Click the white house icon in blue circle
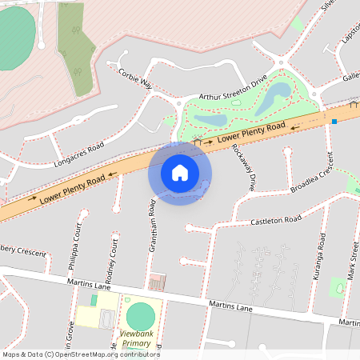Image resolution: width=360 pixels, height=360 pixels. (x=180, y=172)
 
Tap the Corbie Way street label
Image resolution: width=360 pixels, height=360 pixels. (x=134, y=77)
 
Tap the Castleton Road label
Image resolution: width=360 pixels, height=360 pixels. (x=275, y=220)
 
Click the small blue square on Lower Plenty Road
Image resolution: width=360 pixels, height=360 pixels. (x=334, y=121)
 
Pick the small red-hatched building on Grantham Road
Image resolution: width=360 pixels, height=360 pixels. (x=157, y=282)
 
